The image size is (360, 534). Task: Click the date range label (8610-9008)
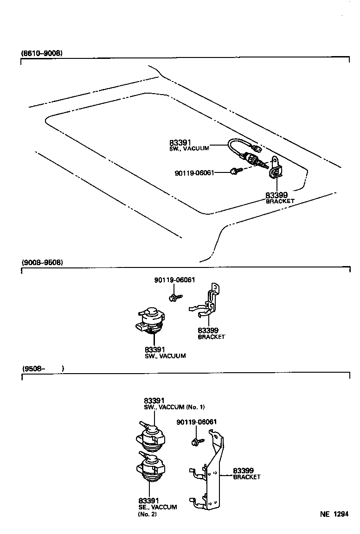(42, 53)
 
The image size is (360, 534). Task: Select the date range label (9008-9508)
(42, 262)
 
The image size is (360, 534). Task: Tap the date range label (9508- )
(42, 369)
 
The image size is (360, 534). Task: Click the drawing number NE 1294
(334, 514)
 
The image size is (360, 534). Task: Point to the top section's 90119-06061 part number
(194, 173)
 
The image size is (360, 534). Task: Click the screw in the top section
(235, 172)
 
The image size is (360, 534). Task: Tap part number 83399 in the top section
(277, 196)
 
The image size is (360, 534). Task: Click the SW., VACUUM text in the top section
(189, 148)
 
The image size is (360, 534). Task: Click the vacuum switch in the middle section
(151, 321)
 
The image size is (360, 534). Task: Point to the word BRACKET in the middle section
(211, 337)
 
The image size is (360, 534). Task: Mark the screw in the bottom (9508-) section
(197, 440)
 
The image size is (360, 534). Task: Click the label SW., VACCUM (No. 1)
(174, 407)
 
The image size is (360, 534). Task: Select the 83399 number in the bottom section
(243, 470)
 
